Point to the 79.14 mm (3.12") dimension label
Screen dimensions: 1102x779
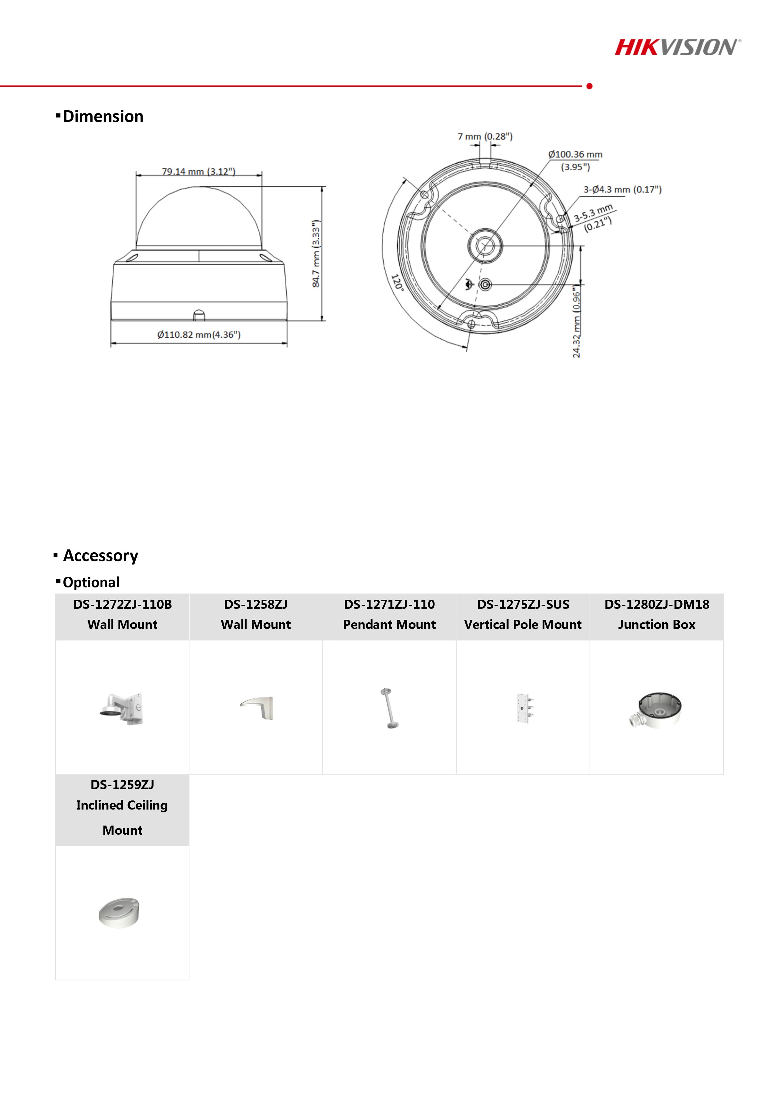click(198, 171)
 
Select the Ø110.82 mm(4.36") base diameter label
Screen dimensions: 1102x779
click(198, 335)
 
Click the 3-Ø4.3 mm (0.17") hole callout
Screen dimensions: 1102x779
click(622, 190)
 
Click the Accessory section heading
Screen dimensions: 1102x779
click(100, 555)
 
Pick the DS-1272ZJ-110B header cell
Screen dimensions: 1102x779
click(122, 614)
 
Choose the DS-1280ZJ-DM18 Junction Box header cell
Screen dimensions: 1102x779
click(656, 614)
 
